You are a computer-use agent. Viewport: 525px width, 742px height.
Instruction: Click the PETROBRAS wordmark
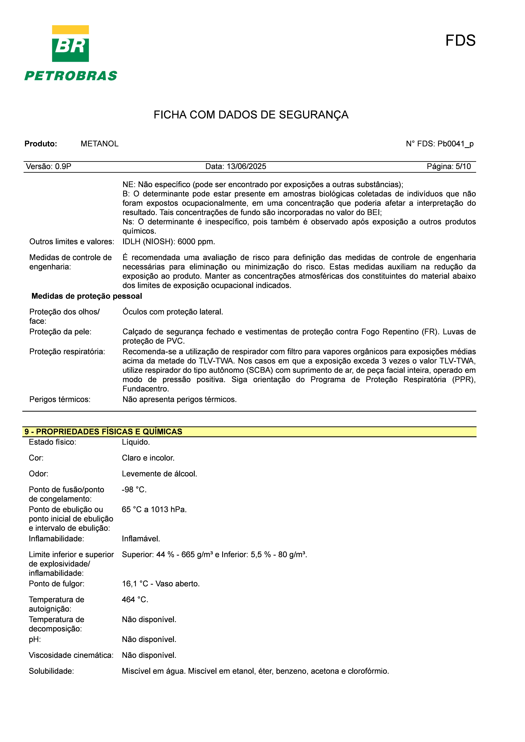[x=71, y=76]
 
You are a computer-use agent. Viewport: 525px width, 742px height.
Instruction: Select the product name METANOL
[x=100, y=144]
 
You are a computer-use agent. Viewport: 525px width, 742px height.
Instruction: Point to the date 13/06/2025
[x=246, y=166]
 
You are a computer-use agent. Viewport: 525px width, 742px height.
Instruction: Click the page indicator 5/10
[x=463, y=166]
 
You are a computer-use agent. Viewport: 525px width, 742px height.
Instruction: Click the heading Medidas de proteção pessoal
[x=87, y=296]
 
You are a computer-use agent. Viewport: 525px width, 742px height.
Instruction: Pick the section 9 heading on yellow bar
[x=103, y=431]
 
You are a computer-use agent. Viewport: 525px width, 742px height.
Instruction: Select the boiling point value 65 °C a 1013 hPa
[x=154, y=509]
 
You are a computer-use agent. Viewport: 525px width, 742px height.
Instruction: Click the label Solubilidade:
[x=51, y=671]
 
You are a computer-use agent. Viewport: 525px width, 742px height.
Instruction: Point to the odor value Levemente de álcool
[x=159, y=474]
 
